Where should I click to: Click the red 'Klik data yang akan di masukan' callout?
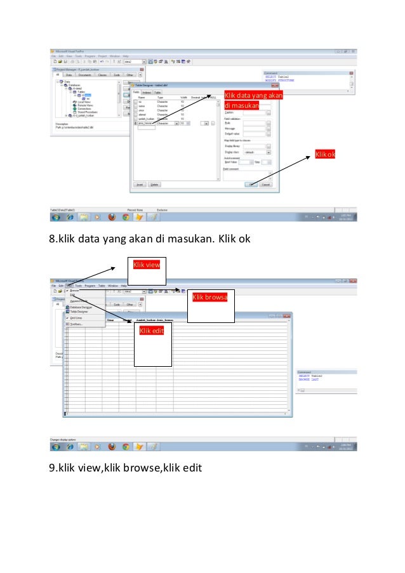coord(253,100)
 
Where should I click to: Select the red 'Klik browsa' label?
coord(210,296)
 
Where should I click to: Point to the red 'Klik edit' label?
coord(152,331)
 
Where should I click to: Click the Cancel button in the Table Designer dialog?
coord(265,185)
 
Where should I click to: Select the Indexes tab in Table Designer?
coord(147,93)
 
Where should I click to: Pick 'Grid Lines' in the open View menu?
coord(76,318)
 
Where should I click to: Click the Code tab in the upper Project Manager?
coord(116,74)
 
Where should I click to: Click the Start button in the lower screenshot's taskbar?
coord(56,447)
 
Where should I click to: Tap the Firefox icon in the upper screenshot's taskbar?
coord(112,216)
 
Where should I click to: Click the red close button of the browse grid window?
coord(288,315)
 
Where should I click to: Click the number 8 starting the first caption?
coord(53,240)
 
